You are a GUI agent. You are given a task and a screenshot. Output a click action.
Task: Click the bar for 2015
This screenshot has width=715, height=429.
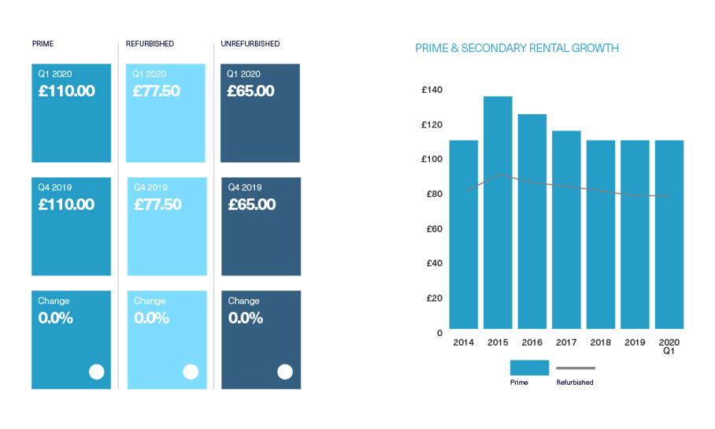(x=498, y=213)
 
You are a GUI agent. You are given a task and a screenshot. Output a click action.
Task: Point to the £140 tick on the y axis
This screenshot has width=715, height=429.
(x=432, y=90)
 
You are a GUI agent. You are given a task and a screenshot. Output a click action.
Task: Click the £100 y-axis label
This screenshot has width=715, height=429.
(x=432, y=159)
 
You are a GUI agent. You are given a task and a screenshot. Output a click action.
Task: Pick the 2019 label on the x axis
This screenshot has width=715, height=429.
(x=635, y=342)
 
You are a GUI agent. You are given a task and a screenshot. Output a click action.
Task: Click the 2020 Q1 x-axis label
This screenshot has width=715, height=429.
(x=669, y=346)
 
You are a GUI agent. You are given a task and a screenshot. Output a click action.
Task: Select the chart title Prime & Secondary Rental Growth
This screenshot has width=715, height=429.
(x=517, y=49)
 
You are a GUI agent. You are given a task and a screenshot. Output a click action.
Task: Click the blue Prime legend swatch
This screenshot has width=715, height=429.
(x=529, y=368)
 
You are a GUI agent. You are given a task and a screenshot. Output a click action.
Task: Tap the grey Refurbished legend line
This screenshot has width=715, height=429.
(x=576, y=368)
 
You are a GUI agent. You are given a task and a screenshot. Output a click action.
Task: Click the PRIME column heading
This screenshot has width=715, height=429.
(x=43, y=43)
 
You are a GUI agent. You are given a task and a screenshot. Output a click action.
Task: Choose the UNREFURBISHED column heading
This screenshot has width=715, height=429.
(x=250, y=43)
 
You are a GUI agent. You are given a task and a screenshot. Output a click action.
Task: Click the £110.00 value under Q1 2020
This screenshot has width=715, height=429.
(x=67, y=91)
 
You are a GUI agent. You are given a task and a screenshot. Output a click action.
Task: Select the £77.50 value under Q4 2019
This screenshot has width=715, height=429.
(x=157, y=205)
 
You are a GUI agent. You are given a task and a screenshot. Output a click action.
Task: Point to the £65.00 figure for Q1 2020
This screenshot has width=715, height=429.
(x=251, y=91)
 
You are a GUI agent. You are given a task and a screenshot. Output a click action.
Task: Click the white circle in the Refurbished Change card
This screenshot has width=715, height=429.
(x=191, y=372)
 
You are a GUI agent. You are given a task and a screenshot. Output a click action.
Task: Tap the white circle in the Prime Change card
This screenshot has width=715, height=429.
(x=96, y=372)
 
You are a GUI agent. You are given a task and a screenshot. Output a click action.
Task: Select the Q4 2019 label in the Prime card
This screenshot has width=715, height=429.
(x=55, y=187)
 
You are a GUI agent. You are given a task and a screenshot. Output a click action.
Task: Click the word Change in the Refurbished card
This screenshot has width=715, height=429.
(x=150, y=301)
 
